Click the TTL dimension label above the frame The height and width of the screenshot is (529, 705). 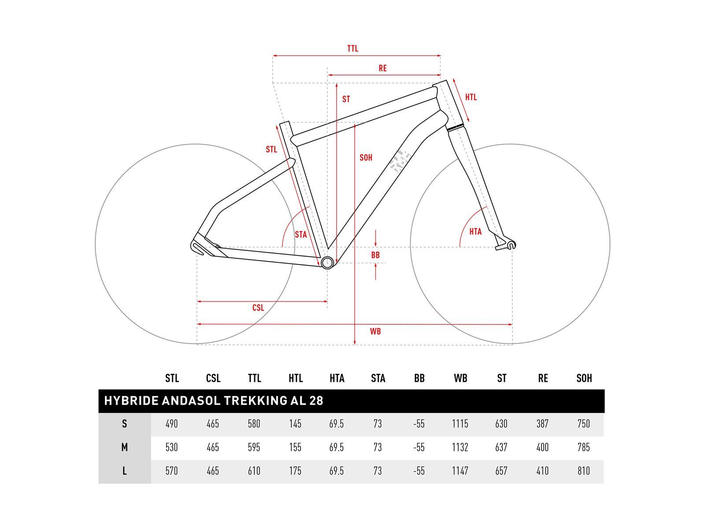pyautogui.click(x=352, y=48)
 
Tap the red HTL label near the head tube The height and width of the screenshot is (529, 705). pyautogui.click(x=471, y=97)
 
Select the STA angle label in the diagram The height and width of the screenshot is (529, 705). pyautogui.click(x=301, y=235)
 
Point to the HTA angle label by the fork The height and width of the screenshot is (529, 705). pyautogui.click(x=475, y=231)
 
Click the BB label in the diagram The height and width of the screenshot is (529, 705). pyautogui.click(x=375, y=255)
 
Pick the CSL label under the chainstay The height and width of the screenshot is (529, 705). pyautogui.click(x=258, y=308)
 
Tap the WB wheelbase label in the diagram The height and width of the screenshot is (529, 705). pyautogui.click(x=375, y=332)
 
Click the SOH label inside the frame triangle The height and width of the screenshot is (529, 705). pyautogui.click(x=366, y=157)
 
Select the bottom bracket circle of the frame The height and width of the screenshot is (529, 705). pyautogui.click(x=327, y=263)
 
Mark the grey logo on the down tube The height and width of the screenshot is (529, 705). pyautogui.click(x=400, y=160)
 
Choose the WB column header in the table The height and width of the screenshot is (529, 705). pyautogui.click(x=460, y=378)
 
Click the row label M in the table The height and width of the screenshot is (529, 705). pyautogui.click(x=125, y=447)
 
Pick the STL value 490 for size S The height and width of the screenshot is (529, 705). pyautogui.click(x=171, y=424)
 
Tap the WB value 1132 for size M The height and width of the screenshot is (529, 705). pyautogui.click(x=460, y=447)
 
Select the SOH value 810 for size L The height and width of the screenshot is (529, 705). pyautogui.click(x=584, y=471)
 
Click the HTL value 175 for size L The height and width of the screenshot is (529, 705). pyautogui.click(x=295, y=471)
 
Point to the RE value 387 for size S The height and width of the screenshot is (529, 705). pyautogui.click(x=542, y=424)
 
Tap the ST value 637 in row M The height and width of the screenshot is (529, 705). pyautogui.click(x=501, y=447)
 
